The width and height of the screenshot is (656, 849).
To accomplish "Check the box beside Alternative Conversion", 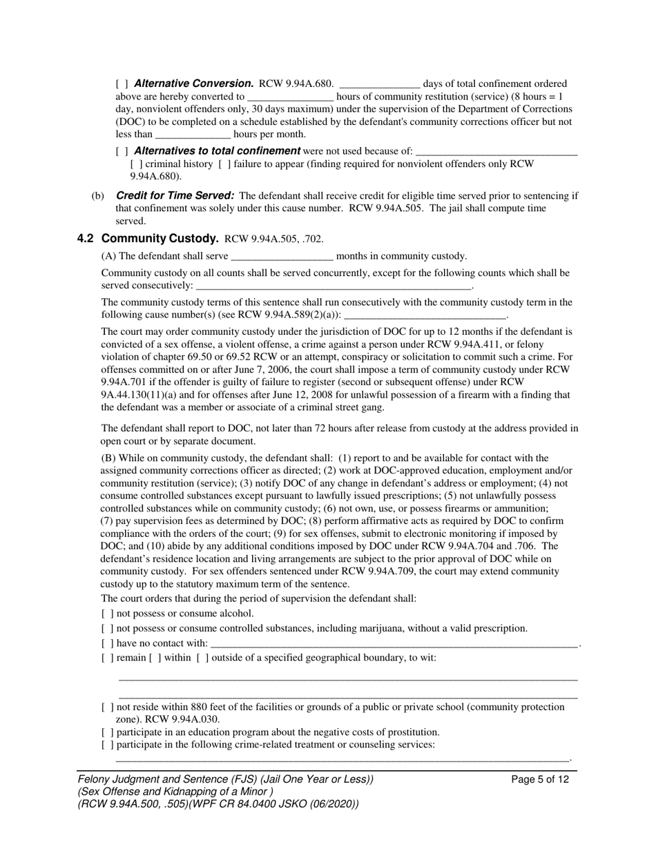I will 122,84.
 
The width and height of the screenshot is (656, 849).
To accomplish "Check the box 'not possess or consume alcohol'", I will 107,614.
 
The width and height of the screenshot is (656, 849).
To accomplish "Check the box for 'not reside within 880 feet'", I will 107,707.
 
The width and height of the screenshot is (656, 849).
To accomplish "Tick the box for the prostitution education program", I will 107,732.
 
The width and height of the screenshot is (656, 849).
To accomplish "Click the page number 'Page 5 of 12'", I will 541,780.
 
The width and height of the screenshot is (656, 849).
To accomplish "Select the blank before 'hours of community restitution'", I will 290,97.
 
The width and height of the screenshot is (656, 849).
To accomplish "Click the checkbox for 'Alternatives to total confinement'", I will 122,151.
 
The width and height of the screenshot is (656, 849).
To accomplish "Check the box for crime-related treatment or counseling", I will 107,745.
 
